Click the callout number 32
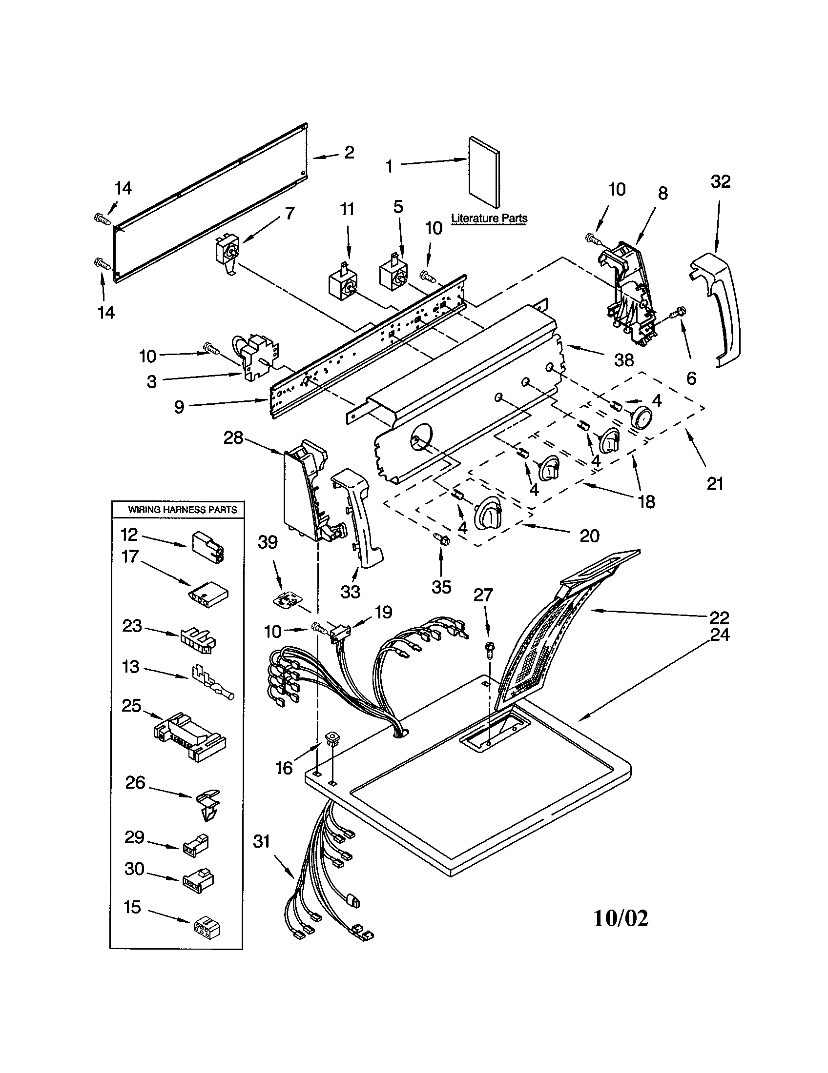pyautogui.click(x=720, y=182)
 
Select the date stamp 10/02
pyautogui.click(x=621, y=918)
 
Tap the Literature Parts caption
pyautogui.click(x=489, y=218)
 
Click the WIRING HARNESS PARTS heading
pyautogui.click(x=183, y=510)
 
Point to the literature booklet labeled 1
pyautogui.click(x=484, y=172)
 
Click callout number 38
pyautogui.click(x=624, y=360)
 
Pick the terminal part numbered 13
pyautogui.click(x=213, y=682)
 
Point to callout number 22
pyautogui.click(x=719, y=617)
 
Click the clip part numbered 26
pyautogui.click(x=209, y=804)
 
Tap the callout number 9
pyautogui.click(x=179, y=407)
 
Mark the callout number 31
pyautogui.click(x=261, y=842)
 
